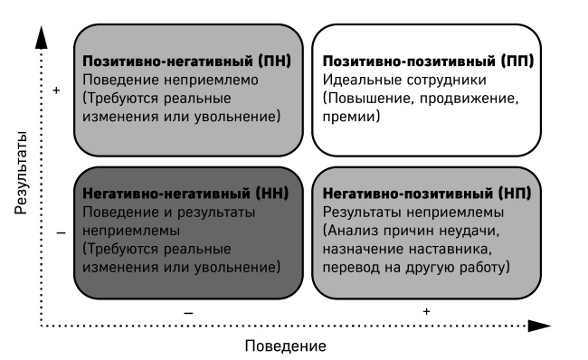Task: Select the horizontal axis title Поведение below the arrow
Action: [284, 346]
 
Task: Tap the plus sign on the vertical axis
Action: [57, 90]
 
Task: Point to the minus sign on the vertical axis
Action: [60, 232]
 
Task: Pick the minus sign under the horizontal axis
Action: [188, 311]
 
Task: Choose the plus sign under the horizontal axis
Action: [426, 311]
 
